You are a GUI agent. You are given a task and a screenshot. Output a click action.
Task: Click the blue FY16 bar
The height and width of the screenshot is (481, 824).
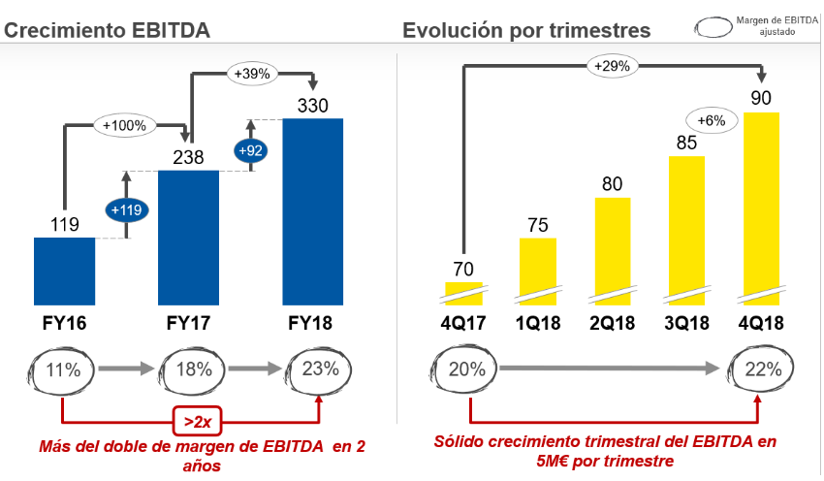[x=64, y=272]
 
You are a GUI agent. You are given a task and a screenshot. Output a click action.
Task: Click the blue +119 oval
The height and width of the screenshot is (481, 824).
[x=126, y=210]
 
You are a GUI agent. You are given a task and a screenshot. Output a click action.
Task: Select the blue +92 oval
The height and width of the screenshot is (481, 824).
[x=251, y=150]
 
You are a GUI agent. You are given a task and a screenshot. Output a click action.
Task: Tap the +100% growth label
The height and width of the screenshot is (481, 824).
[x=125, y=124]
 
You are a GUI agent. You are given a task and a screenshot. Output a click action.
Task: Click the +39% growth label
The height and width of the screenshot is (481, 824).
[x=251, y=73]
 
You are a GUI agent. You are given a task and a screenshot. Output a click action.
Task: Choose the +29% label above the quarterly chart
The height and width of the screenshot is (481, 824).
[x=612, y=66]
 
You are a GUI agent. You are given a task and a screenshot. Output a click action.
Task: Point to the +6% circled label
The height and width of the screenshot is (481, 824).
[x=713, y=119]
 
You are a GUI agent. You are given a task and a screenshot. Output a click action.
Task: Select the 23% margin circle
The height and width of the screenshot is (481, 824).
[x=320, y=369]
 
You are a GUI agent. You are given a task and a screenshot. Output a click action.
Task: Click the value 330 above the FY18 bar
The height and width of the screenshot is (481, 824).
[x=313, y=105]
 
